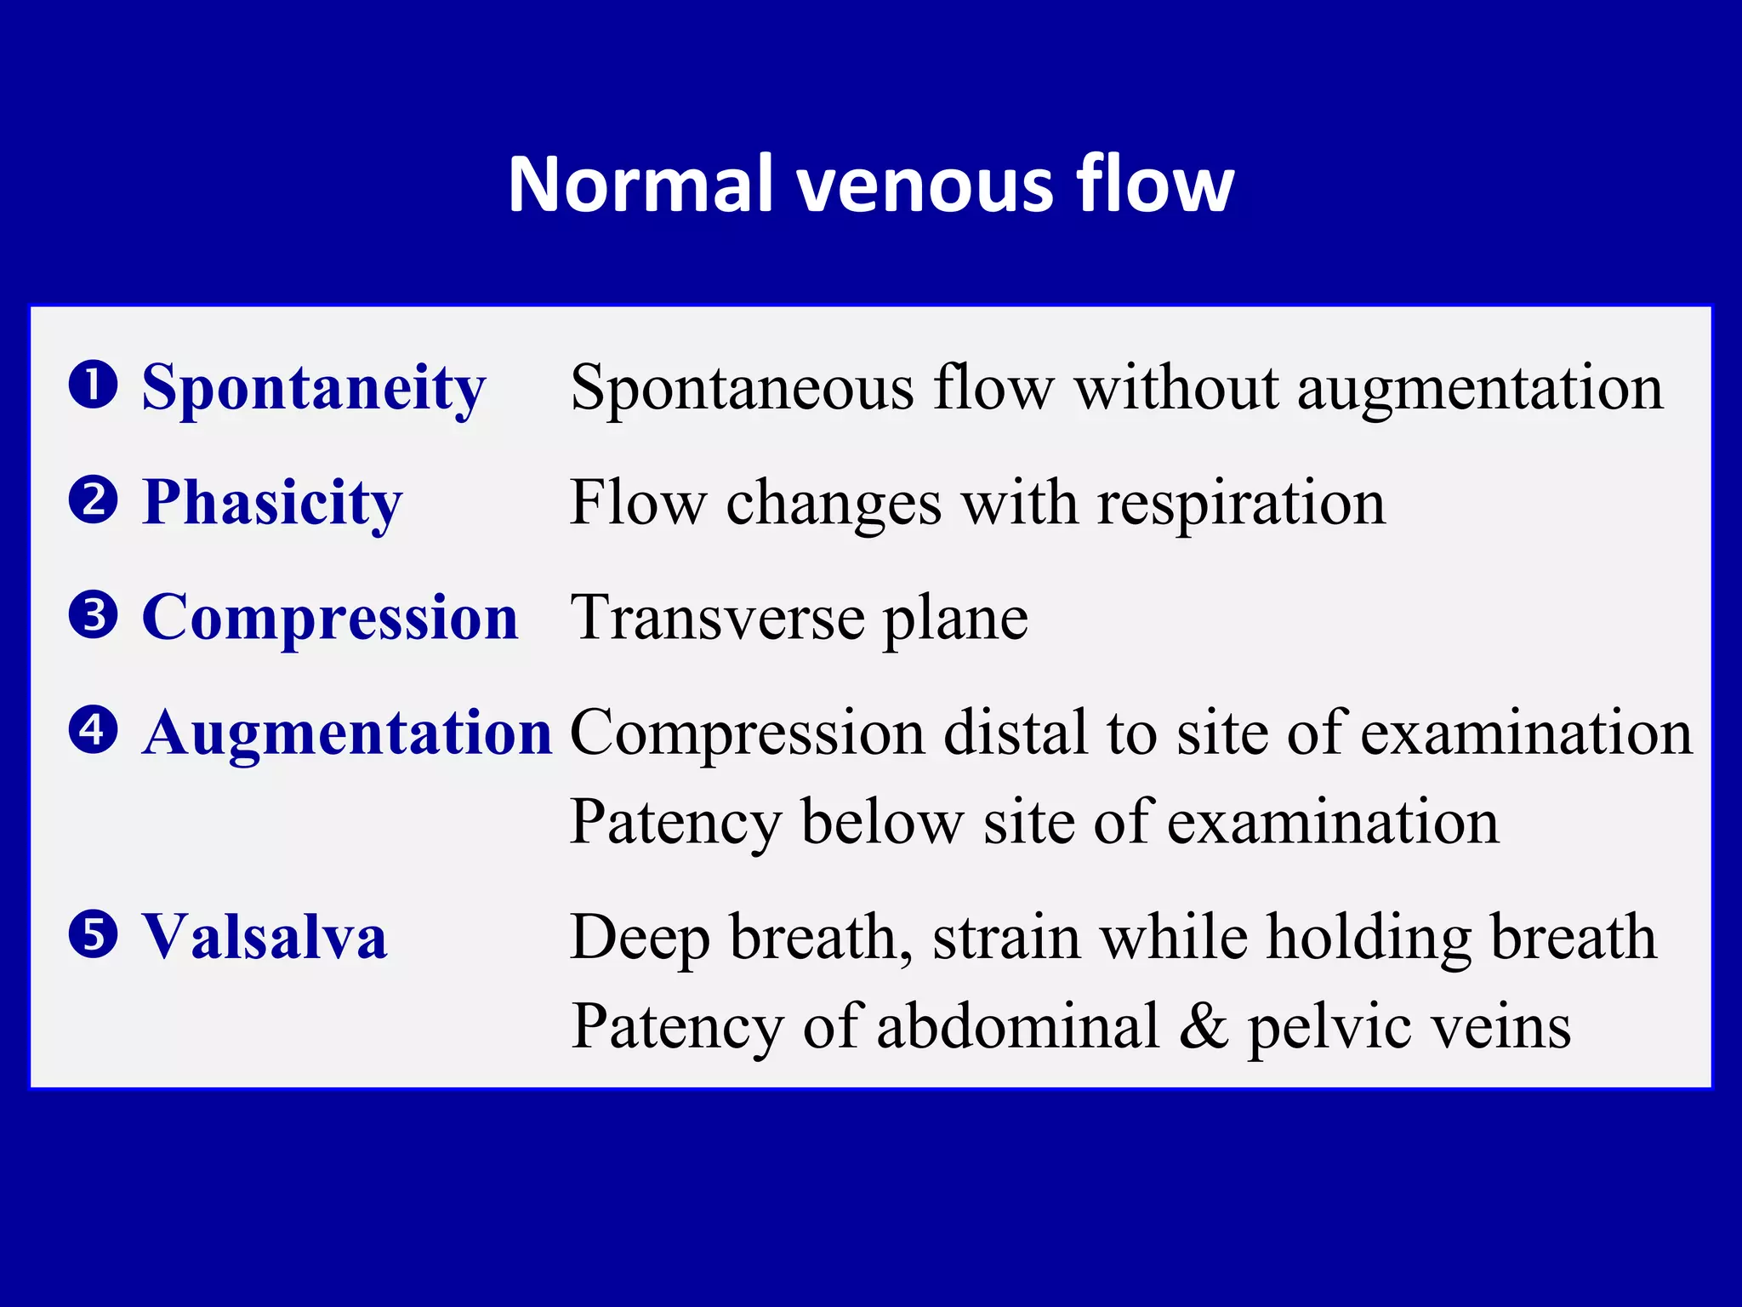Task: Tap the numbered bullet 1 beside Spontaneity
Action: [93, 384]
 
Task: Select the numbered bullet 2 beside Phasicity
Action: [93, 499]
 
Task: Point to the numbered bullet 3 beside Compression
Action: [93, 614]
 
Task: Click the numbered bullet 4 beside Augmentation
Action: [93, 729]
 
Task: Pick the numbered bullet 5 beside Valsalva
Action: [93, 934]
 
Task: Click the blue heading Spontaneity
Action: [313, 388]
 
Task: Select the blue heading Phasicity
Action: [271, 503]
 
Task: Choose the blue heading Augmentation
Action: [347, 733]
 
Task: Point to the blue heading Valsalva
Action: [264, 937]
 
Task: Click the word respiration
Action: [1241, 503]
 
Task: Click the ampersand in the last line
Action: [1203, 1026]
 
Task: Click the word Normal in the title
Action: [640, 185]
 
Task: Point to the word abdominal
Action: [1018, 1026]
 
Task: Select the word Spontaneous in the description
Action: [742, 388]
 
